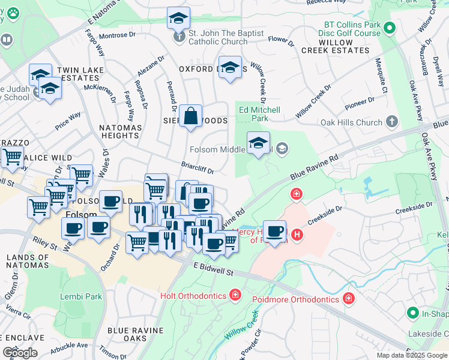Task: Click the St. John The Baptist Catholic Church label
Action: coord(218,37)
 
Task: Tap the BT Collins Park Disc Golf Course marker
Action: coord(389,27)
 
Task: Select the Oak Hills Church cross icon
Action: coord(392,122)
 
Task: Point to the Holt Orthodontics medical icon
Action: coord(236,295)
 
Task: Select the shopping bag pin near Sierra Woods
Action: coord(190,117)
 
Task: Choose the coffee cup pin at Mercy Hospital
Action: coord(275,232)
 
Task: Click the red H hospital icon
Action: coord(296,194)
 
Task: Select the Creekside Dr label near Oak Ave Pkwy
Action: coord(412,209)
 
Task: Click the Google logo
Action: coord(20,353)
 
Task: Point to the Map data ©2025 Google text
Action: coord(411,355)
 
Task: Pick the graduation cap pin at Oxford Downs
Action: coord(229,68)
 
